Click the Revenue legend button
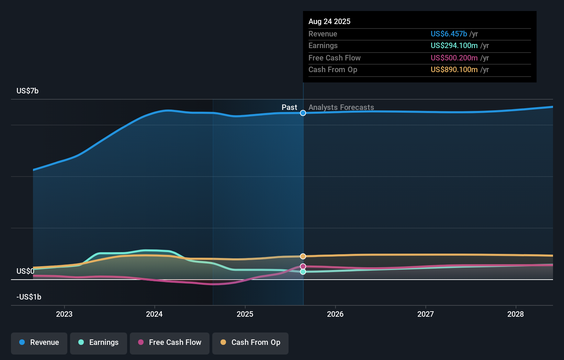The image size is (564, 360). pos(39,342)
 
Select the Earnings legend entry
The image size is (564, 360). pos(99,342)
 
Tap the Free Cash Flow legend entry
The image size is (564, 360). pos(170,342)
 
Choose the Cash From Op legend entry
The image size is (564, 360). pos(250,342)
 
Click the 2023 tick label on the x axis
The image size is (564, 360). pos(64,314)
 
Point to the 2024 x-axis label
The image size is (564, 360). pos(154,314)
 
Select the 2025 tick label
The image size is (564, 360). pos(245,314)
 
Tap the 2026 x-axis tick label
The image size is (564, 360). pos(335,314)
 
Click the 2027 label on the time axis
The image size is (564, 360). pos(426,314)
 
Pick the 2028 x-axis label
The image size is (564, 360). pos(516,314)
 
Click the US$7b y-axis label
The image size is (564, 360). pos(27,91)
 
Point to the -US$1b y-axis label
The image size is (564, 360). pos(29,297)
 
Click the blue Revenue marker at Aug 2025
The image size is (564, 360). pos(303,113)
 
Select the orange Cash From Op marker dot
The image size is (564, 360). pos(303,256)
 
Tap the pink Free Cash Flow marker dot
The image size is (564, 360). pos(303,267)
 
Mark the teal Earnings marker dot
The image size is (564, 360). pos(303,272)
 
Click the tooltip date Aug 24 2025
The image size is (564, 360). pos(329,21)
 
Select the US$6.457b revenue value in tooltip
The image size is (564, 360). pos(449,34)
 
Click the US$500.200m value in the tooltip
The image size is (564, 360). pos(454,58)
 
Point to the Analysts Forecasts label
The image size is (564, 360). pos(341,107)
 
